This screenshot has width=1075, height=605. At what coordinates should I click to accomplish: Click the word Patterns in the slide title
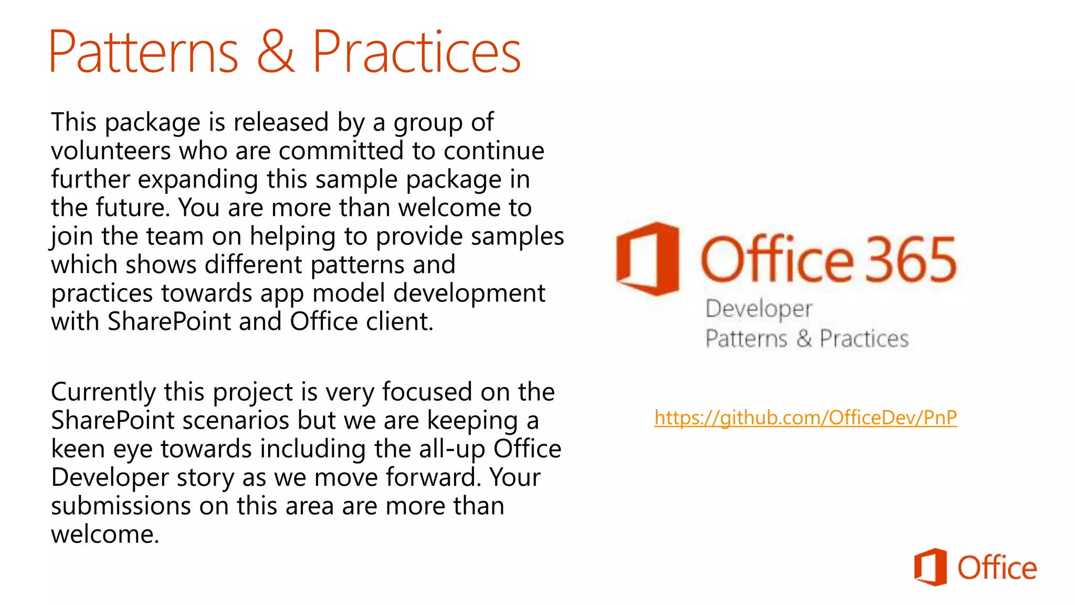pos(143,52)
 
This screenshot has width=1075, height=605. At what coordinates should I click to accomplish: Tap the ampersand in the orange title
pos(276,52)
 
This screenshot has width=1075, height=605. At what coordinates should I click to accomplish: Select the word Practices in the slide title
pos(416,52)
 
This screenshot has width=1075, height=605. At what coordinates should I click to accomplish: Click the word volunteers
pos(111,151)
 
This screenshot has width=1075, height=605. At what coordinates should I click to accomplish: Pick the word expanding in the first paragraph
pos(198,180)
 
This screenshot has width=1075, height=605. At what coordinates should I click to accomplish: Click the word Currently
pos(103,393)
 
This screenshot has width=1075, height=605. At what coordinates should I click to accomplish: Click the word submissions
pos(121,506)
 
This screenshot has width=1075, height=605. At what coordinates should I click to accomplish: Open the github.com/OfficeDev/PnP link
pos(805,418)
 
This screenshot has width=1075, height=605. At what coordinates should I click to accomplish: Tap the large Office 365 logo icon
pos(648,258)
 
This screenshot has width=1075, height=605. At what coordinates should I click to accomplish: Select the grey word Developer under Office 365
pos(758,309)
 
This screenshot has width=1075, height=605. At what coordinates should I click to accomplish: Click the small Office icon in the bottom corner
pos(930,567)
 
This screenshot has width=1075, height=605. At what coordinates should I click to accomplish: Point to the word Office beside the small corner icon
pos(997,568)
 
